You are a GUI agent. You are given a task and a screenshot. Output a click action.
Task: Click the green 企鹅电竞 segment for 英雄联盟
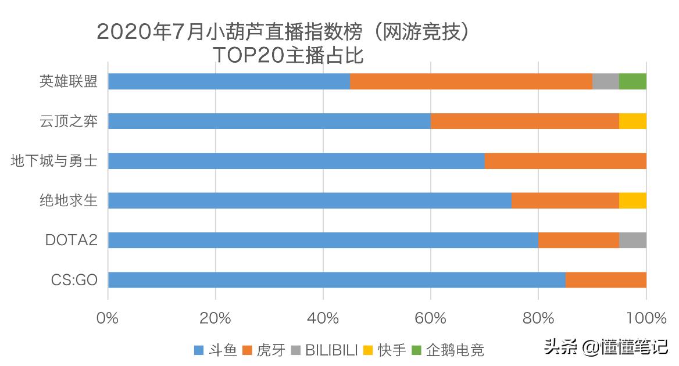pos(632,81)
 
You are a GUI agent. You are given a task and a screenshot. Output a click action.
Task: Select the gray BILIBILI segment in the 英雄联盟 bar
pos(606,81)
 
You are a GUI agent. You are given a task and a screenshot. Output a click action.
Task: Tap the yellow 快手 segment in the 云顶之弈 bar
pos(632,121)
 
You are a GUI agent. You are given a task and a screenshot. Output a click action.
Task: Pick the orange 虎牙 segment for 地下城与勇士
pos(565,161)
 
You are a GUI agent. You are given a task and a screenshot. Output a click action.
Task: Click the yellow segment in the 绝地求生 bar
pos(632,200)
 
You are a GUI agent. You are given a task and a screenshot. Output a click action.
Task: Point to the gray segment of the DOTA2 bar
pos(632,240)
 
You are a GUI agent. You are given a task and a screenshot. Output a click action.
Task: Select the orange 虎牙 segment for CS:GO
pos(606,280)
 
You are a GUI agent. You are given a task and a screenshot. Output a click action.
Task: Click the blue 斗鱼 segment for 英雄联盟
pos(229,81)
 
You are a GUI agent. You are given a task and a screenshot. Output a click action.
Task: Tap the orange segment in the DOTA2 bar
pos(578,240)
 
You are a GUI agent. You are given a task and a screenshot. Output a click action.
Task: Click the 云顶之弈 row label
pos(69,121)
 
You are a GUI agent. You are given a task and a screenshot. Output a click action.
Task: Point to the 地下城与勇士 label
pos(54,161)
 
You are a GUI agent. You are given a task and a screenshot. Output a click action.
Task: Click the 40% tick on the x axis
pos(323,318)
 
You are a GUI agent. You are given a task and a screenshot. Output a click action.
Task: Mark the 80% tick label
pos(538,318)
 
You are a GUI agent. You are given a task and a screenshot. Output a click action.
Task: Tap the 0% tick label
pos(108,318)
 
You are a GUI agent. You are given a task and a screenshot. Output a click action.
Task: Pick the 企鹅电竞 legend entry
pos(448,350)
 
